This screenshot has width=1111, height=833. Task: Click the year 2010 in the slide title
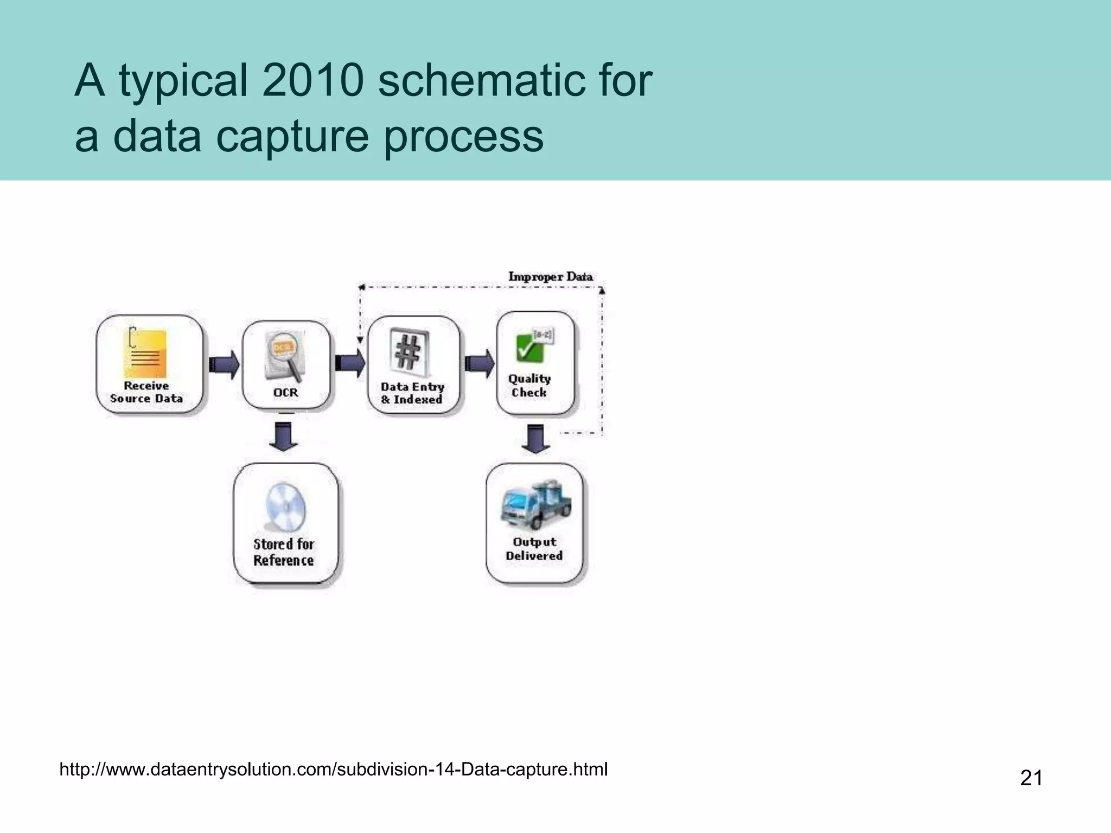point(312,81)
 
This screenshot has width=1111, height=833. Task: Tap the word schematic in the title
point(481,81)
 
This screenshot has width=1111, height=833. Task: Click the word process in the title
point(463,136)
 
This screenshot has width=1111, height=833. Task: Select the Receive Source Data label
point(146,392)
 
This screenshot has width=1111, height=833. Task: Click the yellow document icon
point(145,353)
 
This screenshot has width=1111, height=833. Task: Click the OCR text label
point(285,393)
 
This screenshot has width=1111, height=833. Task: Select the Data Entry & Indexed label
point(412,393)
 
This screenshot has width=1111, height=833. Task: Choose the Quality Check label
point(529,386)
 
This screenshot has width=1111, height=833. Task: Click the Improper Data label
point(550,277)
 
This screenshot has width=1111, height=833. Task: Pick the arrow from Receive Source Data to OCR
point(224,364)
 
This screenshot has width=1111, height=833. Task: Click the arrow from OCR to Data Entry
point(350,362)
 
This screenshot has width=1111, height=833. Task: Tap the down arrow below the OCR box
point(284,436)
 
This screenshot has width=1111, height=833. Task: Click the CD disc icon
point(285,507)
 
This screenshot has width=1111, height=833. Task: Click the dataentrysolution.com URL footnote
point(333,770)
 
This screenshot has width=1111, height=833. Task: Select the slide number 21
point(1031,778)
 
